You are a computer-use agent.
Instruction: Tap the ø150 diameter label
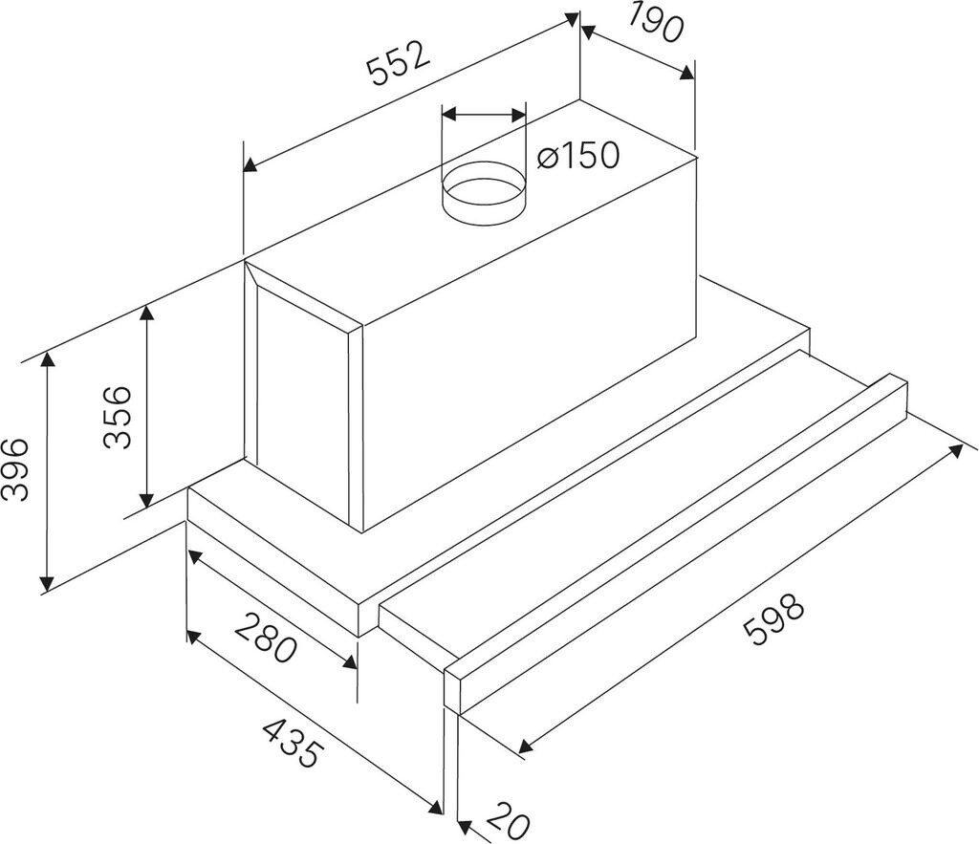tap(578, 155)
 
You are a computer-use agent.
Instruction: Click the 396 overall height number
tap(15, 470)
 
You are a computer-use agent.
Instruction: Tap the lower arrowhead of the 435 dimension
tap(436, 806)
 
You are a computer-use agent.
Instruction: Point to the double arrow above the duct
tap(484, 115)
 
